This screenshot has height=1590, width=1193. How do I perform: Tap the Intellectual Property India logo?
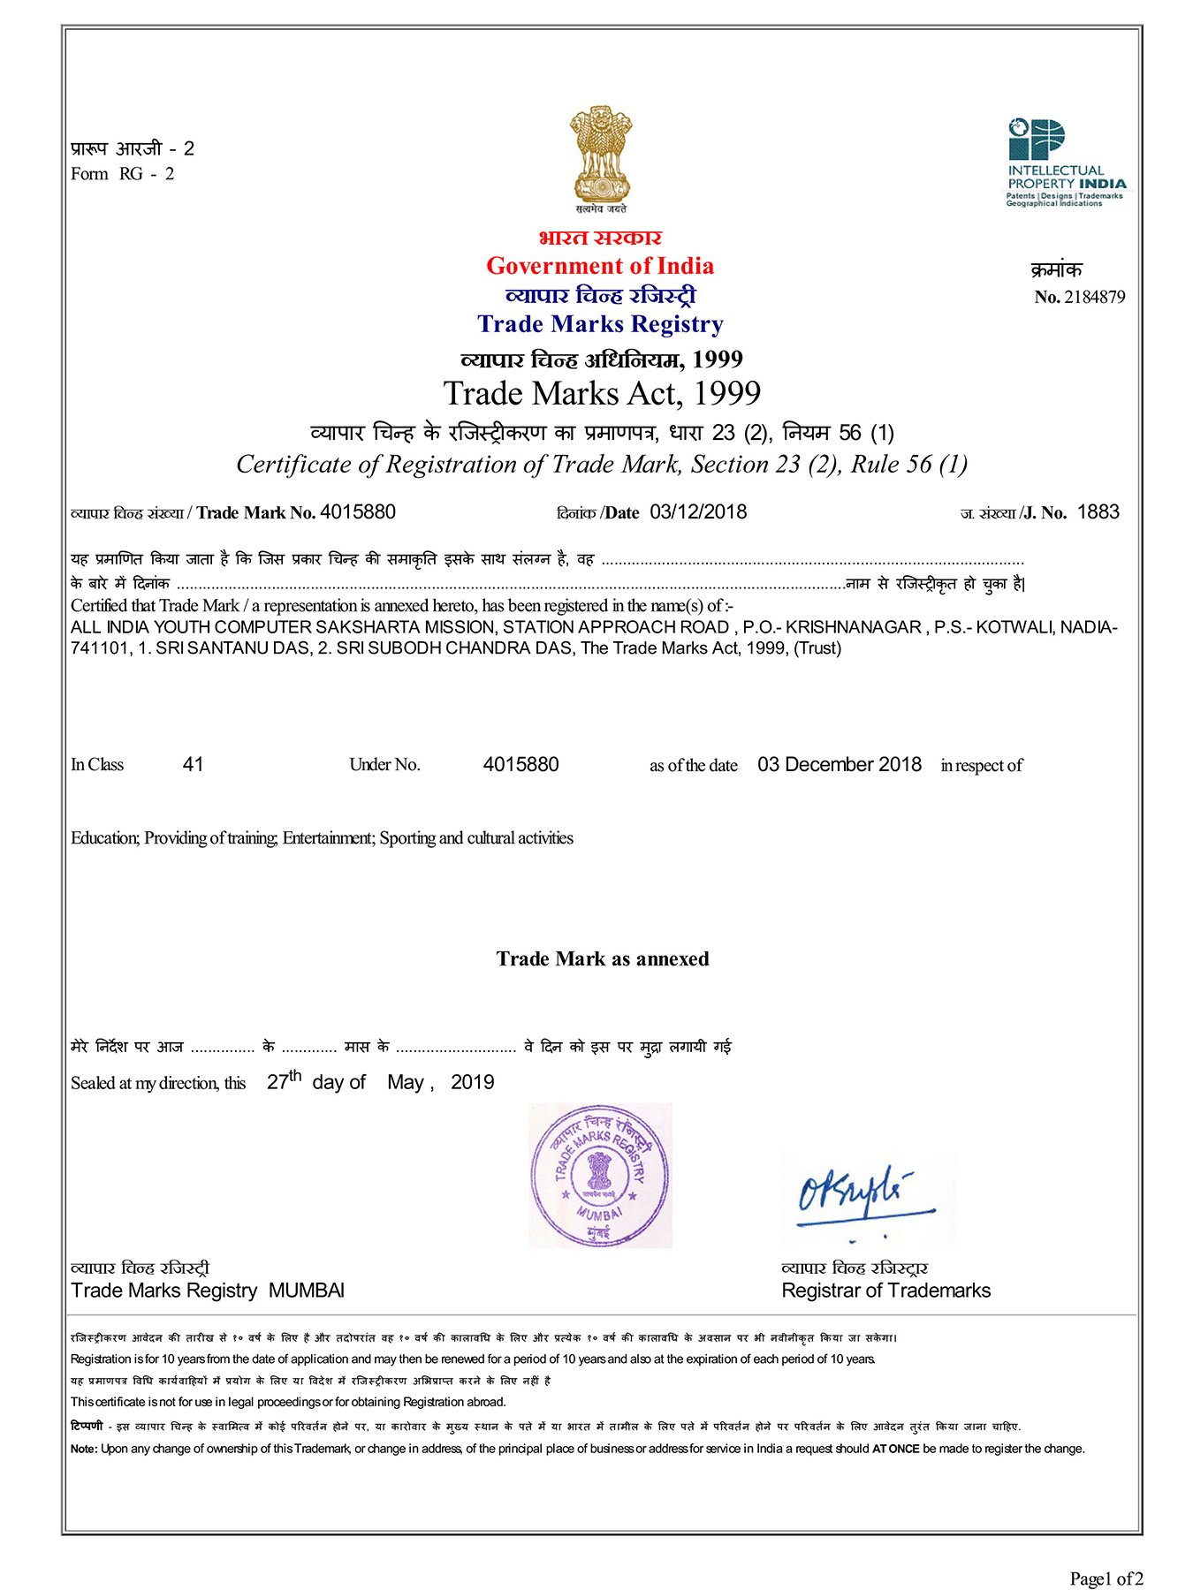pyautogui.click(x=1066, y=163)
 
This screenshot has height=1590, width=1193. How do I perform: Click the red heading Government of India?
pyautogui.click(x=600, y=266)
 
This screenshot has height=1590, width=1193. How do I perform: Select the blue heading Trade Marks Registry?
pyautogui.click(x=600, y=324)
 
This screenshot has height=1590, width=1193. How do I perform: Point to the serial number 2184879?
pyautogui.click(x=1094, y=297)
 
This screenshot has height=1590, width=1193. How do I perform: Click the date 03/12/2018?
pyautogui.click(x=698, y=512)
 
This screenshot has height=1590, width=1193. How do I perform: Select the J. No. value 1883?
pyautogui.click(x=1098, y=512)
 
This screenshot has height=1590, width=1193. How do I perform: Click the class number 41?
pyautogui.click(x=193, y=765)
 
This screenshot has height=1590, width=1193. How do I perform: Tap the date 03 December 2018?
pyautogui.click(x=839, y=765)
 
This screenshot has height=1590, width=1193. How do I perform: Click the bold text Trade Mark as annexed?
pyautogui.click(x=603, y=959)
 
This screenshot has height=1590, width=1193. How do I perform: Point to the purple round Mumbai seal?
pyautogui.click(x=600, y=1175)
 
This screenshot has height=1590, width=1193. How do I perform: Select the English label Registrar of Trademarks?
pyautogui.click(x=885, y=1291)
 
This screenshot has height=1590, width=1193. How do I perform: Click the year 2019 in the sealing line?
pyautogui.click(x=472, y=1082)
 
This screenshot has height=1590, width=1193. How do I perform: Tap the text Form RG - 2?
pyautogui.click(x=123, y=174)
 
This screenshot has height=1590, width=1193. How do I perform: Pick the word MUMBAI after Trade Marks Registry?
pyautogui.click(x=306, y=1291)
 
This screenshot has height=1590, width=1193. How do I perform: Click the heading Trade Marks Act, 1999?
pyautogui.click(x=602, y=394)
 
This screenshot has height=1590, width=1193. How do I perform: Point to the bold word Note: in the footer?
pyautogui.click(x=84, y=1449)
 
